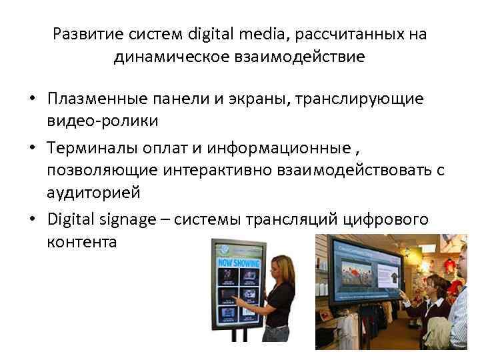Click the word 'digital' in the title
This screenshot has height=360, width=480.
pyautogui.click(x=212, y=34)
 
